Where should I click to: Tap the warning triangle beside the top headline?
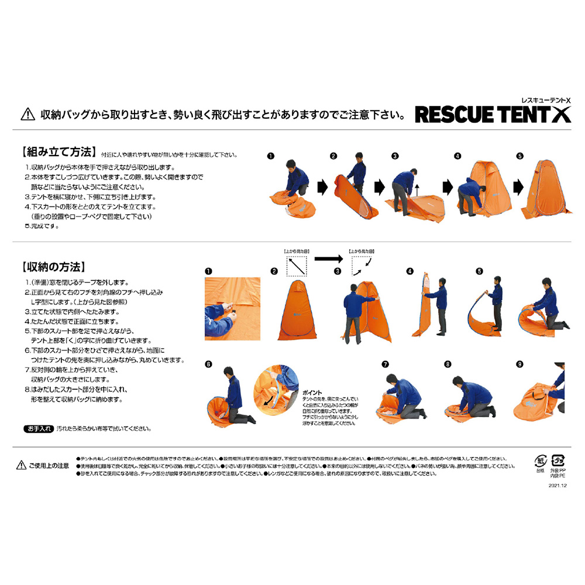26,113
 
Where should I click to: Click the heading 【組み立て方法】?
58,153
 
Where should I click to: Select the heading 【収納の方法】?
54,268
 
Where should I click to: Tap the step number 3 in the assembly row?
395,156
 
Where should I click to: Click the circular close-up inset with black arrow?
276,393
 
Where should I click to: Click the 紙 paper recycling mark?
540,460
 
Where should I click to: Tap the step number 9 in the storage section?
519,364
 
